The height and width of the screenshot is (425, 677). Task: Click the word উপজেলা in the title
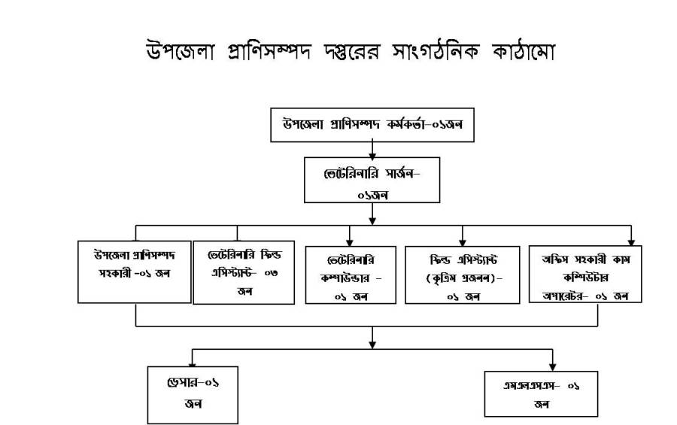(x=175, y=52)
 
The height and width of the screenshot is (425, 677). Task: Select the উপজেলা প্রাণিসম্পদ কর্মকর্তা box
(x=372, y=125)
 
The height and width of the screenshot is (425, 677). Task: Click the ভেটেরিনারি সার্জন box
(x=372, y=180)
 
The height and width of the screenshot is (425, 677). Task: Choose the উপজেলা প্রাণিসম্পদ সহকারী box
(x=134, y=271)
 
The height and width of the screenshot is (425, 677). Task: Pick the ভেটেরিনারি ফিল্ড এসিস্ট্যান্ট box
(x=244, y=272)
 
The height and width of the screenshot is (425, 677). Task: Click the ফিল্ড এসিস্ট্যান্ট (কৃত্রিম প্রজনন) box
(x=463, y=274)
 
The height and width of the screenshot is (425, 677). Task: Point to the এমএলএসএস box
(x=541, y=393)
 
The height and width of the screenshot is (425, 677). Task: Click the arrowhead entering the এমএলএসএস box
(x=552, y=363)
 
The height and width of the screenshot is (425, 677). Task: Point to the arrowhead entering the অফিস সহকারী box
(x=631, y=237)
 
